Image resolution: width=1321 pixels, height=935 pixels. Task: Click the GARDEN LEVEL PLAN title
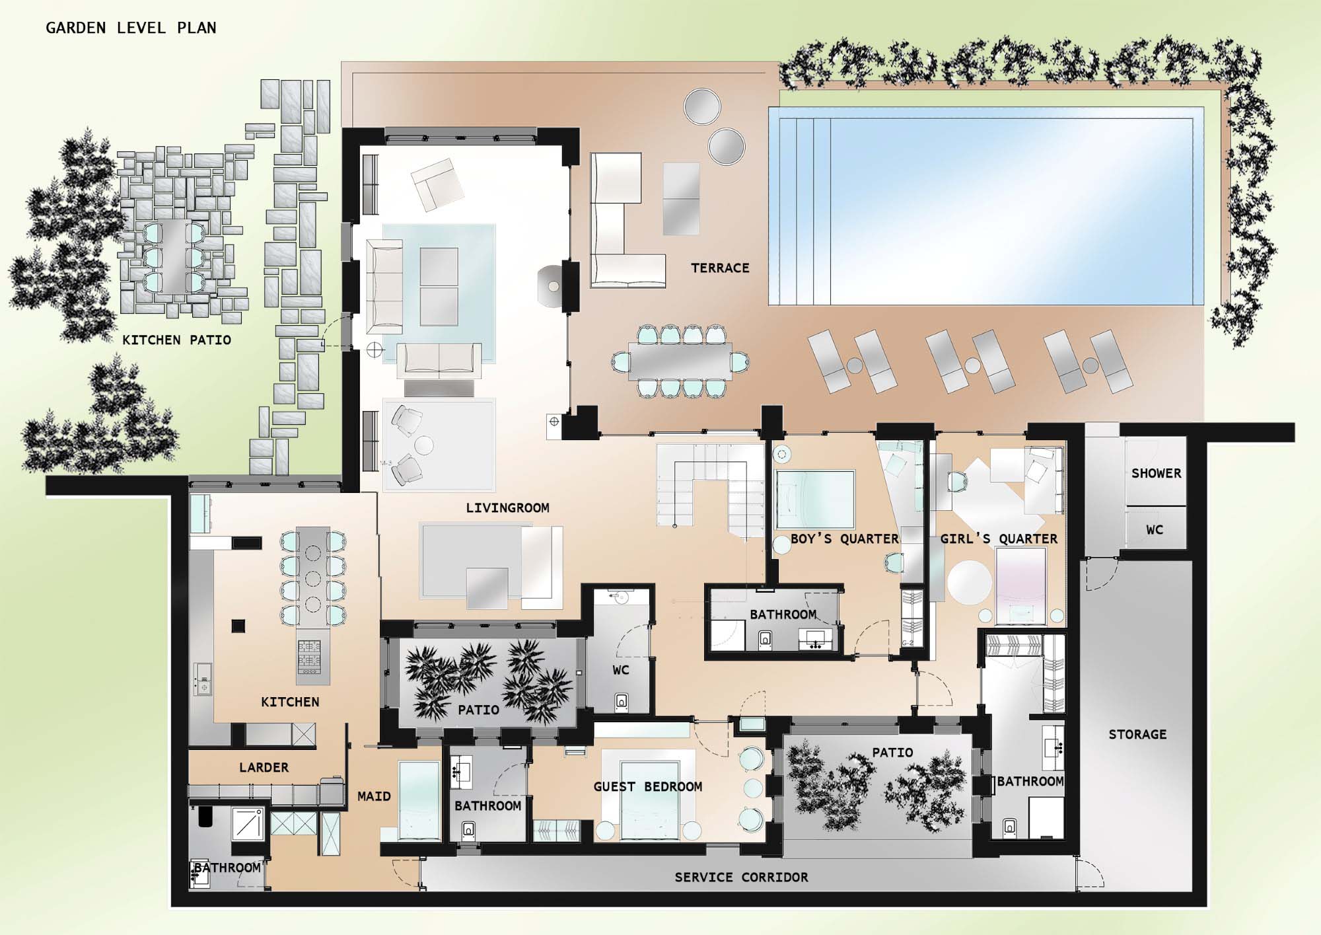[x=131, y=28]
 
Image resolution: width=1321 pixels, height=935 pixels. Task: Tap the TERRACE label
[x=720, y=268]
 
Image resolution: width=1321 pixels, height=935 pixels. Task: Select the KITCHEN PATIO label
[x=176, y=340]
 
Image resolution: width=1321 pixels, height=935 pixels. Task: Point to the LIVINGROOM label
[x=507, y=507]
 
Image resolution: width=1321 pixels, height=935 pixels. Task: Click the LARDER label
[x=264, y=767]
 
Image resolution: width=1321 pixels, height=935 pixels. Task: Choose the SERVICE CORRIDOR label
[x=741, y=877]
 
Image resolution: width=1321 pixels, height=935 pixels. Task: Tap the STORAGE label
[x=1137, y=734]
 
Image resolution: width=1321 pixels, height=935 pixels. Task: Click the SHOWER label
[x=1156, y=473]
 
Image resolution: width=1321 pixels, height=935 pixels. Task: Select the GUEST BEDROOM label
[x=647, y=786]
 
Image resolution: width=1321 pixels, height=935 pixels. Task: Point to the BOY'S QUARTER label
[x=845, y=539]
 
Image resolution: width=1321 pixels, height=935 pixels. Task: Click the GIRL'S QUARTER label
[x=999, y=539]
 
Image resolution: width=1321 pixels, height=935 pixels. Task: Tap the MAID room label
[x=374, y=796]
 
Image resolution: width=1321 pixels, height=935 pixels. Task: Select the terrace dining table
[x=680, y=361]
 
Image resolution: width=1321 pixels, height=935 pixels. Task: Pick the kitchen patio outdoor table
[x=172, y=257]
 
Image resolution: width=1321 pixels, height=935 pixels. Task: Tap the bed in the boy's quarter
[x=815, y=499]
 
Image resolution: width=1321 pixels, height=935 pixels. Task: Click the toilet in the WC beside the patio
[x=621, y=701]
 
